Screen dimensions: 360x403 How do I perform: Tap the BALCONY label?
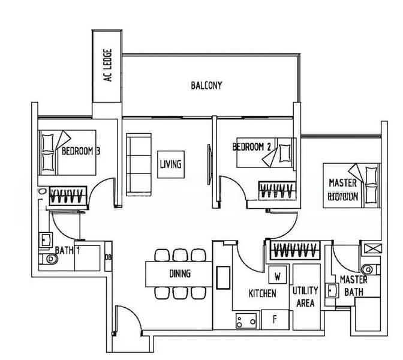pos(206,85)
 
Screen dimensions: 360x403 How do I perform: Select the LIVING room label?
pos(171,163)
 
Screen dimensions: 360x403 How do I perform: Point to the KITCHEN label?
pos(263,293)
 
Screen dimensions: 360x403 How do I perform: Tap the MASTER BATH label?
pos(354,286)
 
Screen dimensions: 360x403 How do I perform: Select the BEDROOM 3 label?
pos(81,151)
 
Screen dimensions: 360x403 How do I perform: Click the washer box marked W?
pos(278,277)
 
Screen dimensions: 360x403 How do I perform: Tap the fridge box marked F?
pos(274,319)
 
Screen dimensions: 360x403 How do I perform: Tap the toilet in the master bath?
pos(368,268)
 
